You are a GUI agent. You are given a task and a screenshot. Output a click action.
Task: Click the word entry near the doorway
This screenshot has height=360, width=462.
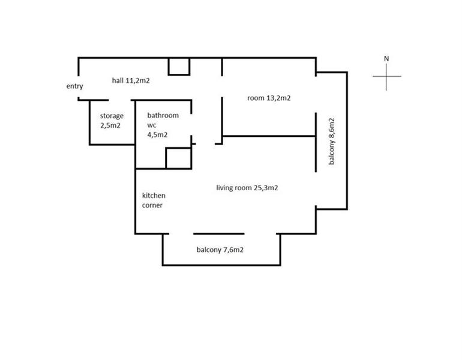coord(74,86)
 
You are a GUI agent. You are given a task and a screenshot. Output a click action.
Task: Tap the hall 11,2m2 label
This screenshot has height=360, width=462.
coord(131,80)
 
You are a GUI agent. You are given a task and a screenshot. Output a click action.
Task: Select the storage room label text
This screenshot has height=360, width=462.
coord(112,121)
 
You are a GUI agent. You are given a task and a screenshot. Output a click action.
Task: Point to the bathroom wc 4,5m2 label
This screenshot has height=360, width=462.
coord(163,125)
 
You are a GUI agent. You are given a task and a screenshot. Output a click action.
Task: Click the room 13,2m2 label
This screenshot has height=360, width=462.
coord(269,98)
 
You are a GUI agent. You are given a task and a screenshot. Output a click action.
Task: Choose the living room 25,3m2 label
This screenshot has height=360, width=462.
coord(247,188)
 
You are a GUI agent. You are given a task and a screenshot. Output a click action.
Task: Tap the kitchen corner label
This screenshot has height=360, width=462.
coord(154,200)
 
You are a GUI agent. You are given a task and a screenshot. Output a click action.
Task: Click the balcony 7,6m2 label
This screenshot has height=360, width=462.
coord(220,250)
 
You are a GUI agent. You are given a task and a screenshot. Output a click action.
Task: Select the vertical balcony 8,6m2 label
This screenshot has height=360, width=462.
coord(331,141)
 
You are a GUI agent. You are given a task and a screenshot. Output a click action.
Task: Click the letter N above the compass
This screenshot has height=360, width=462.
coord(386,59)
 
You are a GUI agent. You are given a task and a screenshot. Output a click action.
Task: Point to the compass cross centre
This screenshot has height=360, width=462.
coord(386,76)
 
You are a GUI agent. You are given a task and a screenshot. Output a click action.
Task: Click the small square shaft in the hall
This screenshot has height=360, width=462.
coord(179,67)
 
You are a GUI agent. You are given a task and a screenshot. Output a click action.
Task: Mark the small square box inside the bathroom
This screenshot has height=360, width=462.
coord(179,158)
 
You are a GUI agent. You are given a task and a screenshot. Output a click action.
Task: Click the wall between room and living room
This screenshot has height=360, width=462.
coord(269,136)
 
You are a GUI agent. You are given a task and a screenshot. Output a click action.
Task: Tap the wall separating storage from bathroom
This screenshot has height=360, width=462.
coord(135,122)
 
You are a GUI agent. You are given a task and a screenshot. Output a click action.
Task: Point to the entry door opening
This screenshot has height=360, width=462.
coord(79,87)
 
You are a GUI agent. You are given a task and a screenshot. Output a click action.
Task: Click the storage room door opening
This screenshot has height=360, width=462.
coord(120,100)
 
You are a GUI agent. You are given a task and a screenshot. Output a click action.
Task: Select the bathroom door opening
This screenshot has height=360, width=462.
coord(191,125)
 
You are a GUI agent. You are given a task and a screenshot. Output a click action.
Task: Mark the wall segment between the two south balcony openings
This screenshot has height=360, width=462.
coord(219,234)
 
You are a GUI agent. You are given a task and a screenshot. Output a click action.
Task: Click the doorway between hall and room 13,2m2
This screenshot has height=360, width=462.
coord(222,86)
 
